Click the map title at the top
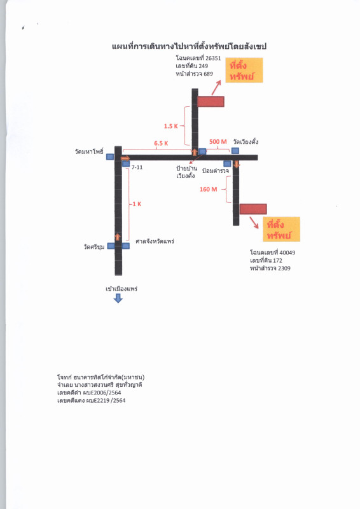pyautogui.click(x=190, y=46)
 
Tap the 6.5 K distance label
pyautogui.click(x=161, y=144)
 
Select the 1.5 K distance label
pyautogui.click(x=170, y=126)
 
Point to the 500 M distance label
pyautogui.click(x=218, y=142)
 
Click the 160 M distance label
pyautogui.click(x=209, y=189)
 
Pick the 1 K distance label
pyautogui.click(x=137, y=204)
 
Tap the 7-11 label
pyautogui.click(x=137, y=167)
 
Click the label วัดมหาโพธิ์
pyautogui.click(x=89, y=151)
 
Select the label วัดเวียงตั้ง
pyautogui.click(x=246, y=142)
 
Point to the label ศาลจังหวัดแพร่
pyautogui.click(x=155, y=242)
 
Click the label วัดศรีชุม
pyautogui.click(x=94, y=247)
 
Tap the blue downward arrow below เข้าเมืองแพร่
pyautogui.click(x=118, y=298)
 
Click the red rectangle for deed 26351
pyautogui.click(x=211, y=102)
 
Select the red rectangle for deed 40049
pyautogui.click(x=253, y=209)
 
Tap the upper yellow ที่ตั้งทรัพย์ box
pyautogui.click(x=244, y=70)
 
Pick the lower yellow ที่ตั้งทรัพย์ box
pyautogui.click(x=281, y=229)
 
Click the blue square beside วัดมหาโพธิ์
pyautogui.click(x=110, y=157)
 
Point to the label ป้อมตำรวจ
pyautogui.click(x=216, y=171)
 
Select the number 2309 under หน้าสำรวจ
pyautogui.click(x=284, y=268)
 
